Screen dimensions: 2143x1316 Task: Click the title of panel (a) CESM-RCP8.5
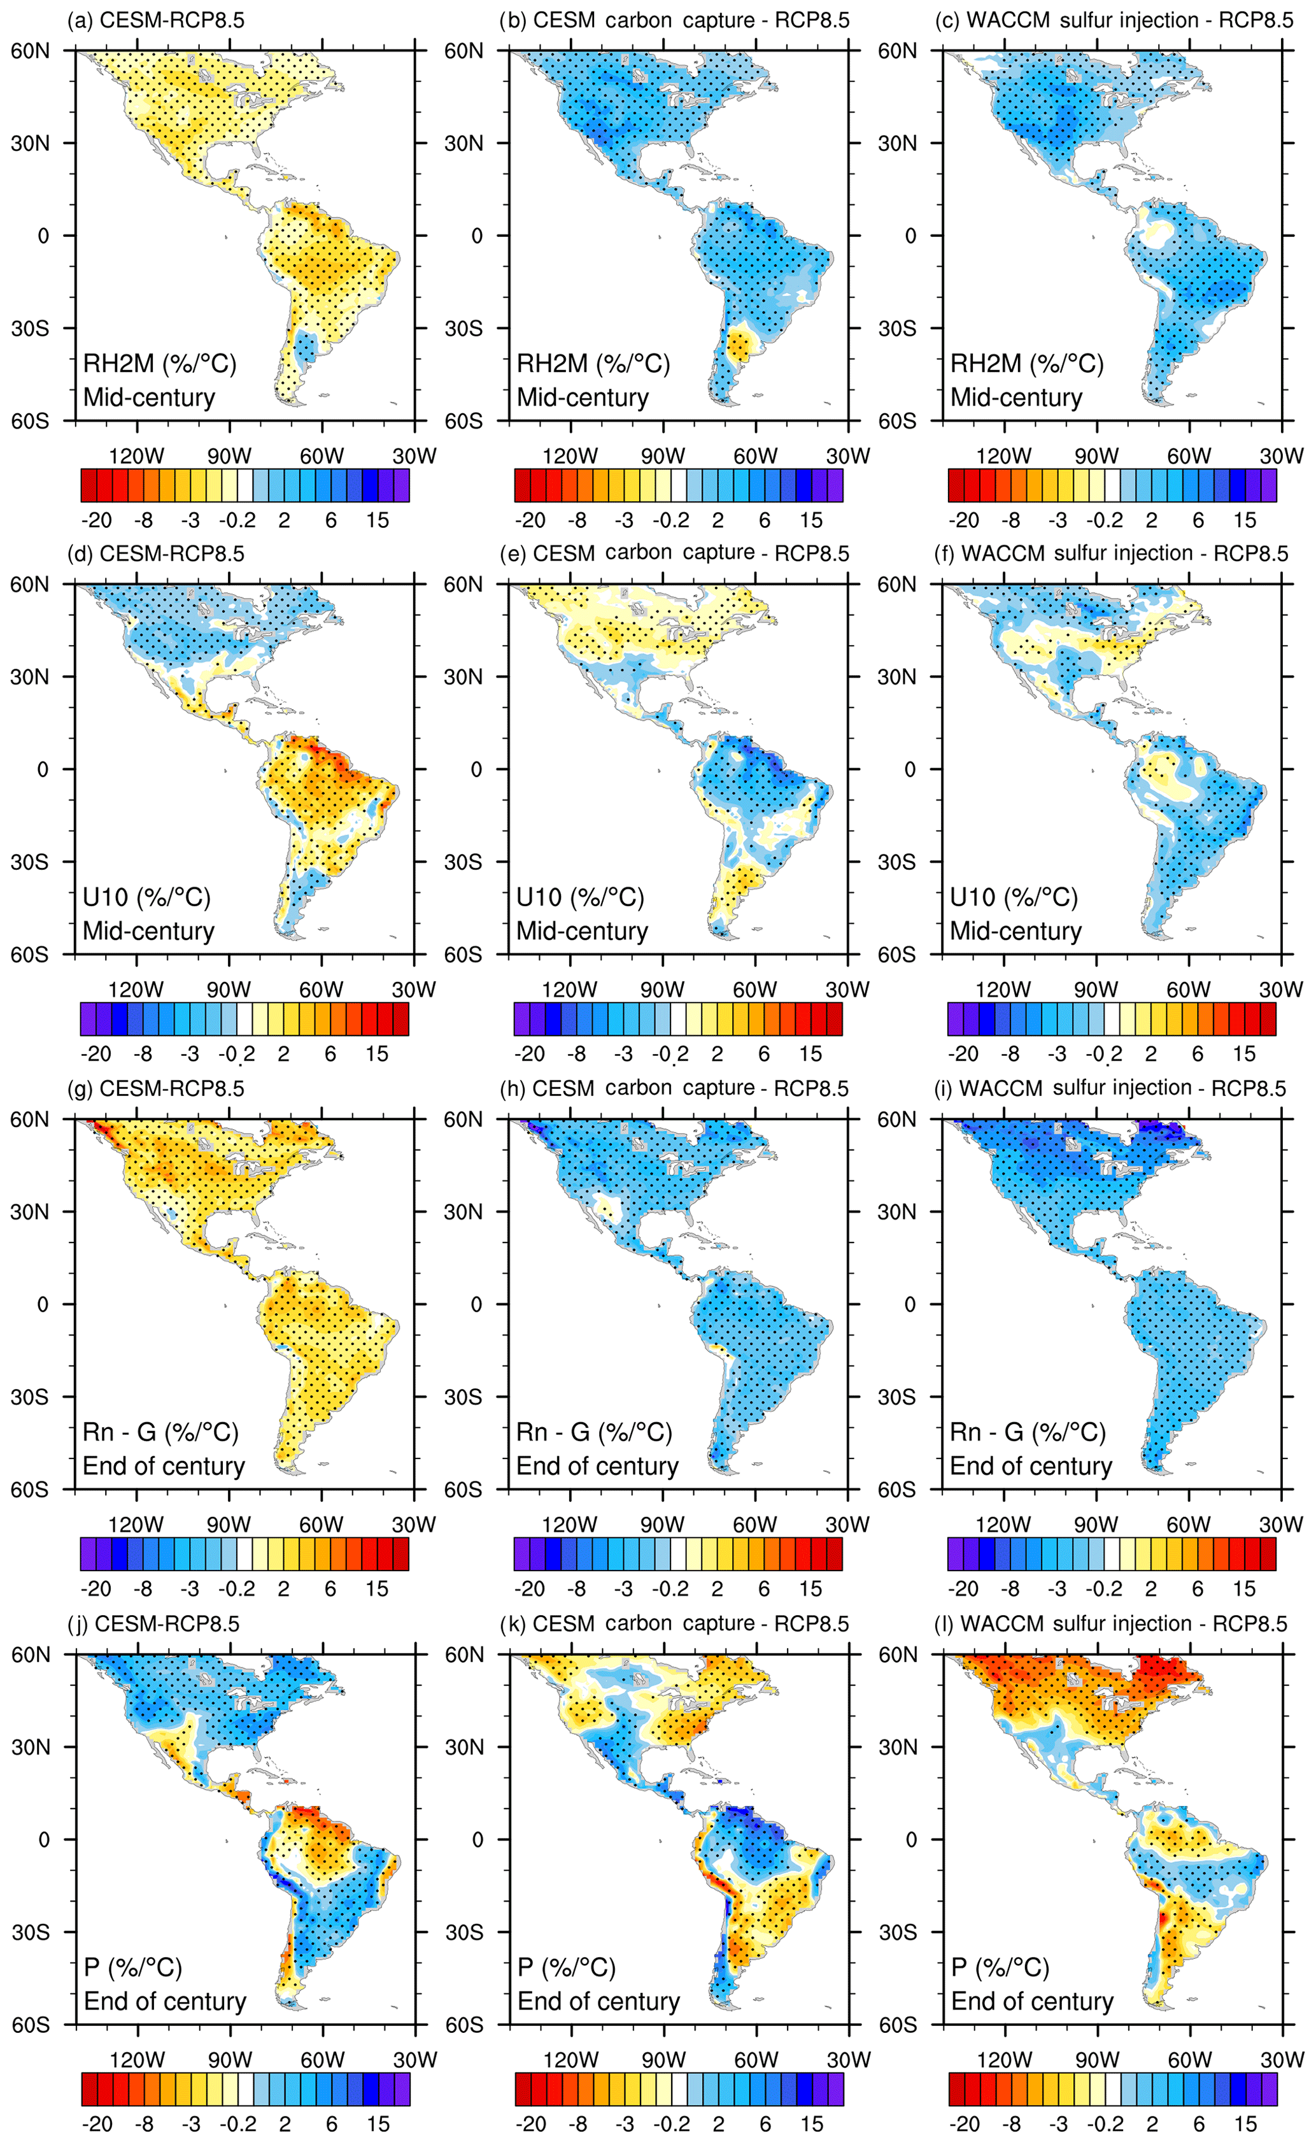(x=156, y=20)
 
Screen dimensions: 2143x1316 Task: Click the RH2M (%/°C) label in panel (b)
(x=593, y=363)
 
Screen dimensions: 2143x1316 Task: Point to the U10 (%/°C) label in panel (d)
(x=146, y=897)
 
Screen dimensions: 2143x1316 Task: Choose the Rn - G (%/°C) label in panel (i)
(x=1027, y=1432)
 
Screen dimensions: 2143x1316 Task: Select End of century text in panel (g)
(x=164, y=1466)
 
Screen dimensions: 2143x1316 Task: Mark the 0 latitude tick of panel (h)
(x=476, y=1304)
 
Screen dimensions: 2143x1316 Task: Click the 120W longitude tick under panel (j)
(x=138, y=2060)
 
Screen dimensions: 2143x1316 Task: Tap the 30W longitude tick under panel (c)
(x=1281, y=455)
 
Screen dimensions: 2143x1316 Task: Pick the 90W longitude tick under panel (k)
(x=664, y=2060)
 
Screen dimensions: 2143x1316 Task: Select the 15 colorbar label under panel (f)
(x=1244, y=1053)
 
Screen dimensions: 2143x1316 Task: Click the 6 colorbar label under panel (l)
(x=1198, y=2123)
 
